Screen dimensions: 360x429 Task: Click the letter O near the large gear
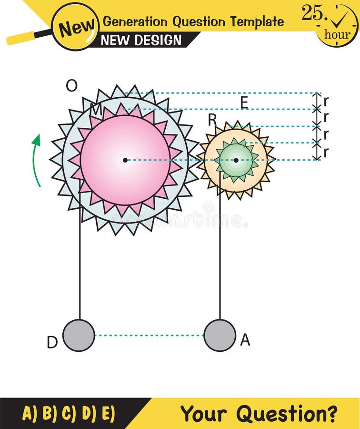71,86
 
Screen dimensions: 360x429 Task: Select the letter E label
244,102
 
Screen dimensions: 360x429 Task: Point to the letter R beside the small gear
212,121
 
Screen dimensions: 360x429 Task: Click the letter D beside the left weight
52,342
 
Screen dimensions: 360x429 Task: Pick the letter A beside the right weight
245,339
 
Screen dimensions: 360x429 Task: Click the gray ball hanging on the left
79,335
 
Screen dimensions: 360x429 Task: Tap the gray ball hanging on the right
220,335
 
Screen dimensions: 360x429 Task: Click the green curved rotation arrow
36,160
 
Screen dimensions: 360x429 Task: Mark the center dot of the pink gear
125,160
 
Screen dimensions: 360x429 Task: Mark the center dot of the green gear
236,160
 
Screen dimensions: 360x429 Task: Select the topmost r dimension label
326,101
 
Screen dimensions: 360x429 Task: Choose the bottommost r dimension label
326,152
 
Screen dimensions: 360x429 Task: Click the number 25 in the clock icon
312,13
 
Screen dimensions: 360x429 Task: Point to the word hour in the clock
337,34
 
